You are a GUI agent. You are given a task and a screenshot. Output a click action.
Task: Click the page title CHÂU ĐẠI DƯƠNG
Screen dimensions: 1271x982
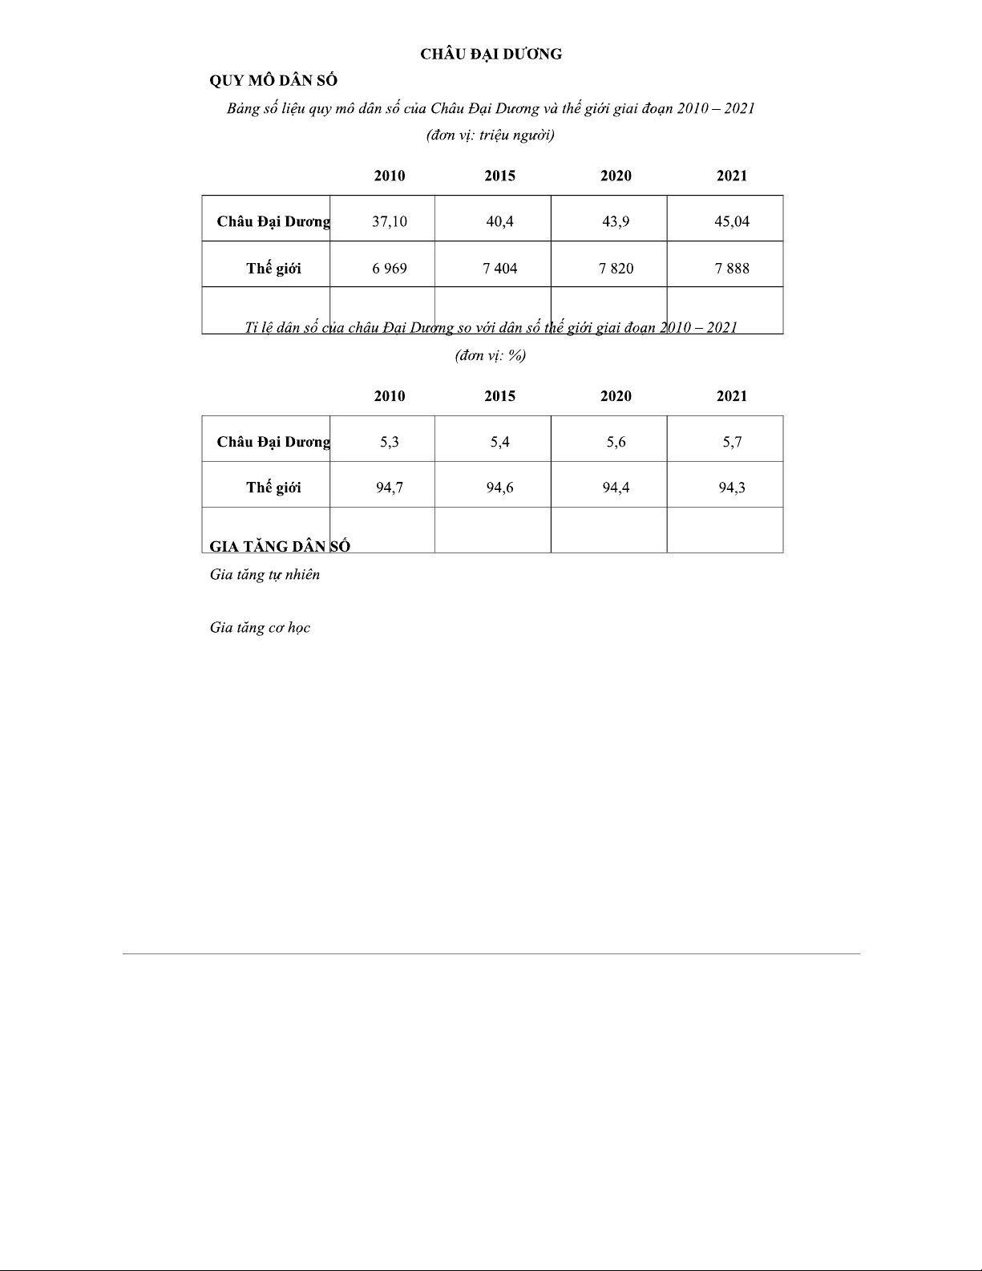click(x=491, y=55)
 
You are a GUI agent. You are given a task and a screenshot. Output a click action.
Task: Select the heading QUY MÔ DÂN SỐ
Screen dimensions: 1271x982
click(x=273, y=81)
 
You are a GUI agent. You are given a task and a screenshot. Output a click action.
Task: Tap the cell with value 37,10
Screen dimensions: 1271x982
click(x=389, y=221)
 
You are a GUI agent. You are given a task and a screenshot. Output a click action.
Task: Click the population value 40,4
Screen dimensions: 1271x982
click(x=499, y=221)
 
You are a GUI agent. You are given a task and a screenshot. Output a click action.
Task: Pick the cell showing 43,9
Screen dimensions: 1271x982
click(x=616, y=221)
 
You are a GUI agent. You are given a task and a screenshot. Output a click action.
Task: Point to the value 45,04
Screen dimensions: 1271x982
click(x=731, y=221)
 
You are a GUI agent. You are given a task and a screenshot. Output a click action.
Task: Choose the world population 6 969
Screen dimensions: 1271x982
click(x=389, y=269)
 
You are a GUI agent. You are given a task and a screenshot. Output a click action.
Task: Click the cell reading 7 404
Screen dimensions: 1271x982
click(x=499, y=269)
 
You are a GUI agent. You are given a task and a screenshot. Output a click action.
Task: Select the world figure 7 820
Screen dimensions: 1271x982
click(x=616, y=269)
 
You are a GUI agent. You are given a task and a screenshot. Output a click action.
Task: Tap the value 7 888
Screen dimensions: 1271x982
click(x=731, y=269)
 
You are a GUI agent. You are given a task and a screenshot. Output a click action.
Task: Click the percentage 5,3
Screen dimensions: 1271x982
click(x=389, y=442)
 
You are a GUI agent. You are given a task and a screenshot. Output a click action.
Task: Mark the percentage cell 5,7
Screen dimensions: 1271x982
click(x=731, y=442)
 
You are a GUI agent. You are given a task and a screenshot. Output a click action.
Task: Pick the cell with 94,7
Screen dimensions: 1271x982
click(x=389, y=488)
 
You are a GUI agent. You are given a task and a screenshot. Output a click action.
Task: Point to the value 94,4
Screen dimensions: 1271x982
click(x=616, y=488)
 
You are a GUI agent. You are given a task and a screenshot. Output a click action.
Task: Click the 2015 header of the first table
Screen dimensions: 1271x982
click(x=499, y=176)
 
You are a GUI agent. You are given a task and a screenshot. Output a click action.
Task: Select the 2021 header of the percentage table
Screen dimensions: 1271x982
click(x=731, y=396)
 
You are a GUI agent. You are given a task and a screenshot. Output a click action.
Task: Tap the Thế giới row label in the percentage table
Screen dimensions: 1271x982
click(x=273, y=488)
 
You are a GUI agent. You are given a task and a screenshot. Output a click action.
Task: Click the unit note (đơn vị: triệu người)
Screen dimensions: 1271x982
click(x=491, y=135)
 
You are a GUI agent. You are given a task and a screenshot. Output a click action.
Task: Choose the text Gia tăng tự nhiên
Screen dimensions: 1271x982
click(x=265, y=574)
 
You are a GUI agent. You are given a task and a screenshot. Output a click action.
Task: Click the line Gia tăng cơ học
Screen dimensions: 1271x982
click(x=260, y=628)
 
